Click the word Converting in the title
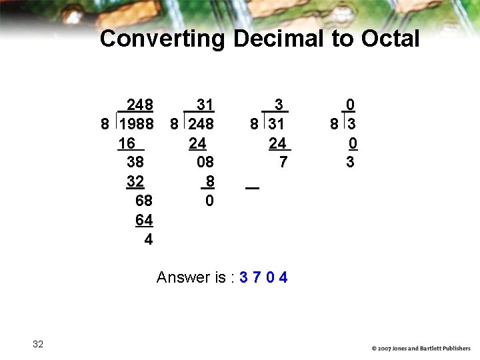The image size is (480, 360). coord(163,39)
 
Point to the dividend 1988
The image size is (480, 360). coord(137,124)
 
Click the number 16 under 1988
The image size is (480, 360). coord(127,143)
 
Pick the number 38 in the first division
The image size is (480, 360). coord(135,162)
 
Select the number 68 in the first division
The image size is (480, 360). coord(144,201)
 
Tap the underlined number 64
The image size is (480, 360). coord(144,220)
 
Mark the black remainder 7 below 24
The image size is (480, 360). coord(283,162)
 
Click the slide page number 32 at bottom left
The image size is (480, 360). coord(38,344)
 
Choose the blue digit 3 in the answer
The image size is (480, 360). coord(243,277)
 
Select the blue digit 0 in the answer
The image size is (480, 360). coord(270,277)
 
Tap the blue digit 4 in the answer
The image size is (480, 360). coord(283,277)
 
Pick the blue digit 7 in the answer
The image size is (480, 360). coord(257,277)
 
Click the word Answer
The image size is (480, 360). coord(182,277)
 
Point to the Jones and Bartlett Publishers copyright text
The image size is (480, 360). coord(421,348)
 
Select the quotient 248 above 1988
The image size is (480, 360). coord(140,105)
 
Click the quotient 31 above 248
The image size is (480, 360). coord(205,105)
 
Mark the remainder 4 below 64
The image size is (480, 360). coord(148,239)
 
